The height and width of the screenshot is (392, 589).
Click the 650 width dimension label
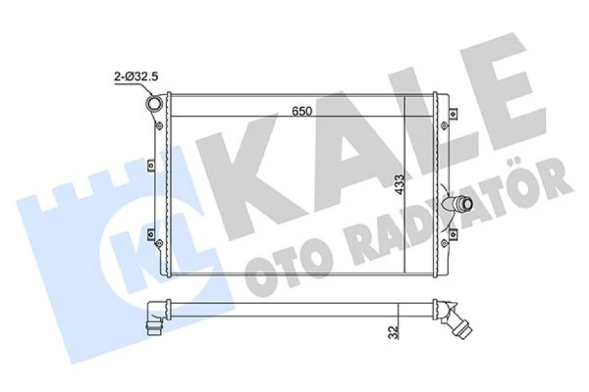(x=302, y=109)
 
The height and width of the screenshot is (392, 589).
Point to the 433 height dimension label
(x=398, y=184)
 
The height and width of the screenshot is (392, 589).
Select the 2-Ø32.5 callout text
(x=135, y=77)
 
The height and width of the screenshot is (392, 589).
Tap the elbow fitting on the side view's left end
(x=155, y=318)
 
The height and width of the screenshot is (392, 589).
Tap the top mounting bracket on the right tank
(x=451, y=111)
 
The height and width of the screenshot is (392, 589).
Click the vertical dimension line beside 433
(x=406, y=184)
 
